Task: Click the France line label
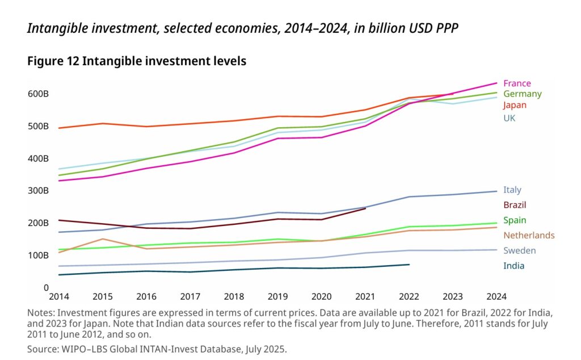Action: pyautogui.click(x=517, y=83)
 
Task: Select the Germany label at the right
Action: pyautogui.click(x=522, y=94)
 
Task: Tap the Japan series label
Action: pyautogui.click(x=515, y=105)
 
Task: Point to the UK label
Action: pyautogui.click(x=509, y=118)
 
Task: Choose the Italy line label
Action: pyautogui.click(x=512, y=190)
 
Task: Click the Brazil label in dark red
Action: pyautogui.click(x=515, y=205)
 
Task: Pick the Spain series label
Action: pyautogui.click(x=514, y=220)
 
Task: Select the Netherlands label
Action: pyautogui.click(x=529, y=235)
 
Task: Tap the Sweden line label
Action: pyautogui.click(x=519, y=250)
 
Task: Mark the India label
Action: pyautogui.click(x=513, y=266)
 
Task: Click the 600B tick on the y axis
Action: pyautogui.click(x=38, y=94)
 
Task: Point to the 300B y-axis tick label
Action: pyautogui.click(x=38, y=191)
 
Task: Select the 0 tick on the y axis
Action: pyautogui.click(x=45, y=288)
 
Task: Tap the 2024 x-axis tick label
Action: pyautogui.click(x=496, y=296)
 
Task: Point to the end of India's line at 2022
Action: pyautogui.click(x=409, y=265)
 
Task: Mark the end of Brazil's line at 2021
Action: pyautogui.click(x=365, y=208)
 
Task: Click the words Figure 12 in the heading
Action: pyautogui.click(x=53, y=61)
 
